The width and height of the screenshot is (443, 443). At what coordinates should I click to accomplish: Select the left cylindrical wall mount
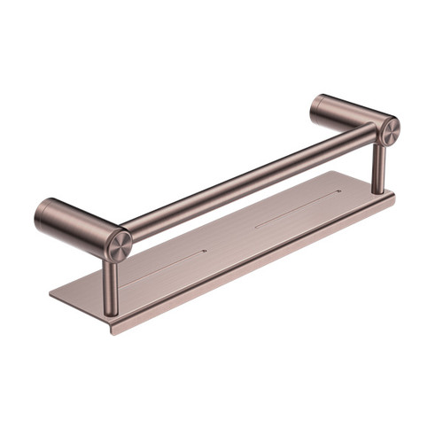pos(71,222)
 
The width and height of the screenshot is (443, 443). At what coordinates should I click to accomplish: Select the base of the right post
pos(378,190)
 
